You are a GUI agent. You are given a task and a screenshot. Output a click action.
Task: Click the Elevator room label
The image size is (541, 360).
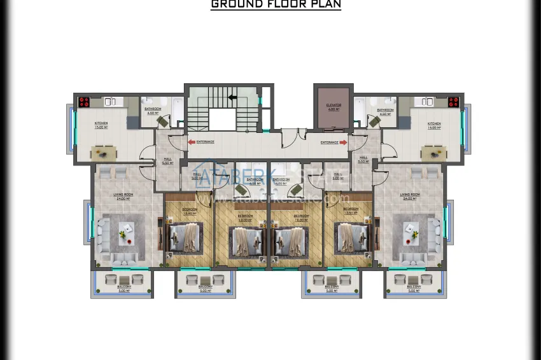click(334, 106)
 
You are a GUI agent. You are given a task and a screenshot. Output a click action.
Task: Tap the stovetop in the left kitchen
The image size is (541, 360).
click(85, 101)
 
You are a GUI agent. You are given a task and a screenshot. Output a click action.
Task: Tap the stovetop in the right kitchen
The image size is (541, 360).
click(453, 101)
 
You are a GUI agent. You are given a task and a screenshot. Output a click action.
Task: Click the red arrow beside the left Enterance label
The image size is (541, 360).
click(192, 142)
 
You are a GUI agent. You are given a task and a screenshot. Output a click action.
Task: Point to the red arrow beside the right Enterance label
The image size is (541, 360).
click(344, 142)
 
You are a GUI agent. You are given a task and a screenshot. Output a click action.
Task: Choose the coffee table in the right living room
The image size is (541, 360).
click(411, 232)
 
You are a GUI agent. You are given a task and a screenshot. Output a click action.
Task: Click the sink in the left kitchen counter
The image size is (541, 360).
click(109, 101)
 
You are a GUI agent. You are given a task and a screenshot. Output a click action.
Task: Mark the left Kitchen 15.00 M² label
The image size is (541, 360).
click(101, 125)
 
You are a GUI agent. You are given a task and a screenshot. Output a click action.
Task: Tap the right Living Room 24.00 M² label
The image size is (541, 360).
click(409, 196)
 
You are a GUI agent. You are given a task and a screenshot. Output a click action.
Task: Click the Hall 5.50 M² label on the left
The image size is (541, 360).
click(168, 161)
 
